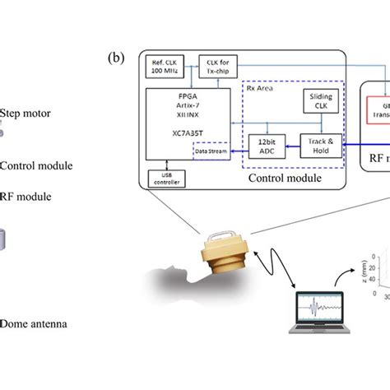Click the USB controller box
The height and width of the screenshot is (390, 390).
161,178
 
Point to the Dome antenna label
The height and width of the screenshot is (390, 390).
35,323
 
